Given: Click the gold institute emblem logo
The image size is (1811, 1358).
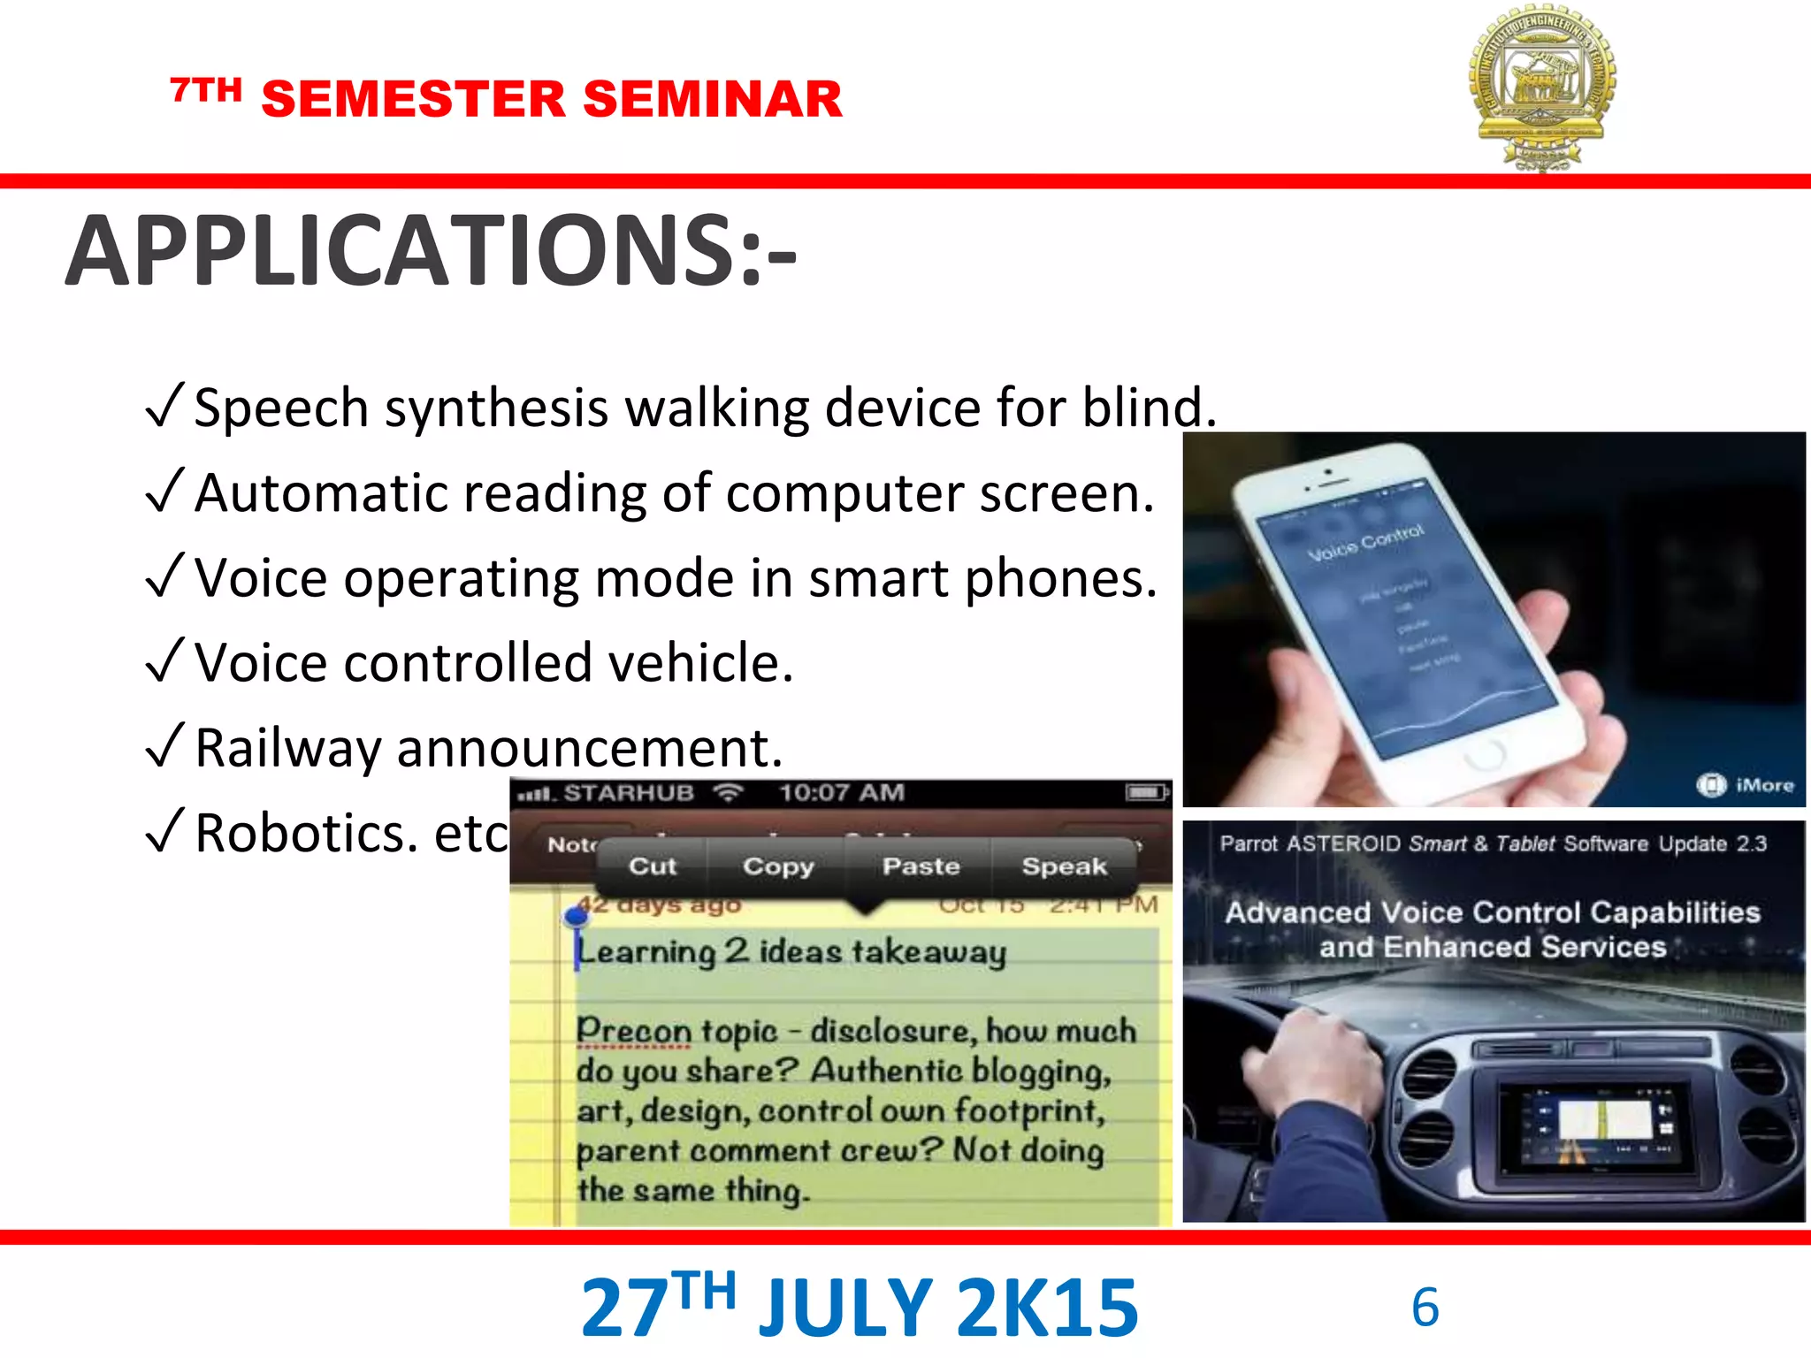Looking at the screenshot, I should (1542, 87).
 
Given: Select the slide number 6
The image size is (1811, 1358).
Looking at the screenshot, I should (1425, 1307).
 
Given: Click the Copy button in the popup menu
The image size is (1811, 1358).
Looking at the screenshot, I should (777, 866).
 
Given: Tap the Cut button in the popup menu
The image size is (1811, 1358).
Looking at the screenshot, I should (652, 866).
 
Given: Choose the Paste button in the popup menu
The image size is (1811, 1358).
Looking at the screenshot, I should (921, 866).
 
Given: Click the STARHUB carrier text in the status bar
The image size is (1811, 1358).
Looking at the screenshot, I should (628, 793).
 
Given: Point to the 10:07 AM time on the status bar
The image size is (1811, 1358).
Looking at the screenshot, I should (841, 793).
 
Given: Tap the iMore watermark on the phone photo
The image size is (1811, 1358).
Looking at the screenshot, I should (1746, 785).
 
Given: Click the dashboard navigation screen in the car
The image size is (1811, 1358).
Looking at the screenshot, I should (1601, 1123).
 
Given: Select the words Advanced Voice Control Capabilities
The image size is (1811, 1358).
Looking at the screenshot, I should (1493, 912).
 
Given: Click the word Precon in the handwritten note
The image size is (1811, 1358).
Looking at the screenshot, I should (633, 1032).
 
